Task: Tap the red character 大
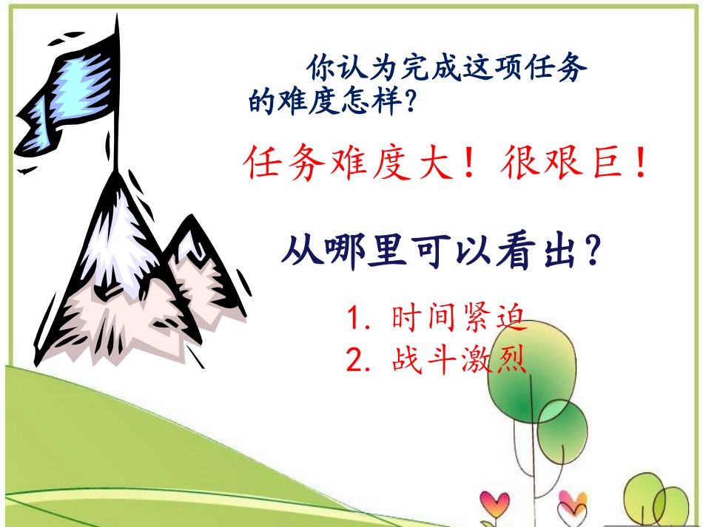[x=433, y=164]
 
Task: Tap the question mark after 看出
[x=591, y=253]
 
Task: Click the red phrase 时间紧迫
[x=458, y=319]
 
